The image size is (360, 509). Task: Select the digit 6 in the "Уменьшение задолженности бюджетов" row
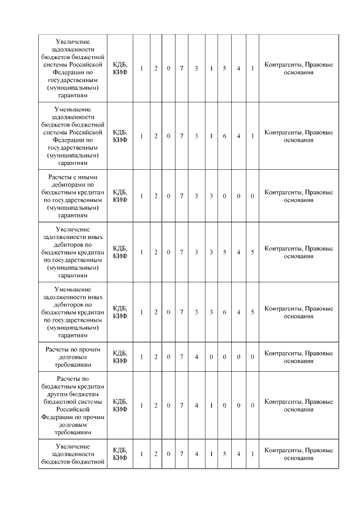click(224, 136)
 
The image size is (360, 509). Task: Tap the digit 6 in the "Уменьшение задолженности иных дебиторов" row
click(224, 312)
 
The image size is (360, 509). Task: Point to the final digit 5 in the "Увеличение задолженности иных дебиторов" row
click(252, 252)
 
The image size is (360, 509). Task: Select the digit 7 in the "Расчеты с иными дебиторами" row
click(182, 196)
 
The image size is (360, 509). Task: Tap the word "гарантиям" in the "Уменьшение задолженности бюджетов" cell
click(74, 163)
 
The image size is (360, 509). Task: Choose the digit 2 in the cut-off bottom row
click(156, 453)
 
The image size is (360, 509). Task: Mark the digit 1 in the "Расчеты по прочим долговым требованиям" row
click(142, 357)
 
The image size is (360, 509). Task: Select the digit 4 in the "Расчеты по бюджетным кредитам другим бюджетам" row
click(197, 405)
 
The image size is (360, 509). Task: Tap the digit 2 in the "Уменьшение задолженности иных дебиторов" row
click(156, 312)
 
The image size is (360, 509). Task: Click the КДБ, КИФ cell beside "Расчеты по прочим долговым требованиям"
click(120, 357)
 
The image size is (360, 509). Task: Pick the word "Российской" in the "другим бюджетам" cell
click(74, 410)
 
